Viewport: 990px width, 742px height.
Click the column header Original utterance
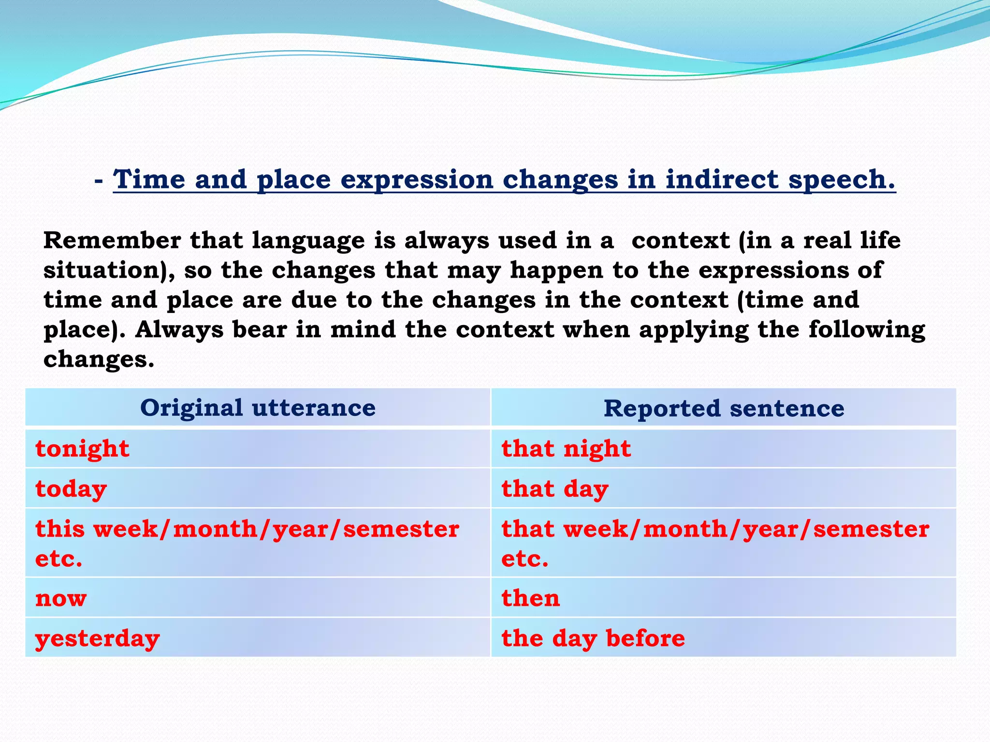[x=258, y=408]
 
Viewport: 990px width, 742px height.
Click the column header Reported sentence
[x=724, y=408]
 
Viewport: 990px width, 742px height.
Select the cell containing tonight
[x=82, y=449]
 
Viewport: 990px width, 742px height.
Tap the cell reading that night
[x=566, y=449]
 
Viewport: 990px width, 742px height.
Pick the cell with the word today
[x=71, y=489]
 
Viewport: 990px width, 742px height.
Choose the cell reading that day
[x=555, y=489]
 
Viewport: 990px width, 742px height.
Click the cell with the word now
[x=61, y=598]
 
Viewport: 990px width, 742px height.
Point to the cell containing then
[x=530, y=598]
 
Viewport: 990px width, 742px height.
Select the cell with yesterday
[x=97, y=638]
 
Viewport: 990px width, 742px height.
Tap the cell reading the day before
[x=593, y=638]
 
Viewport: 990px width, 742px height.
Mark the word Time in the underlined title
[x=149, y=180]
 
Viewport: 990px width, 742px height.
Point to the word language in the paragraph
[x=308, y=241]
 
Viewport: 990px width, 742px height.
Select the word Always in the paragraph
[x=179, y=330]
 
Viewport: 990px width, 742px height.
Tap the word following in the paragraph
[x=867, y=330]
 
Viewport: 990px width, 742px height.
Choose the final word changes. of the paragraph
[x=99, y=359]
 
